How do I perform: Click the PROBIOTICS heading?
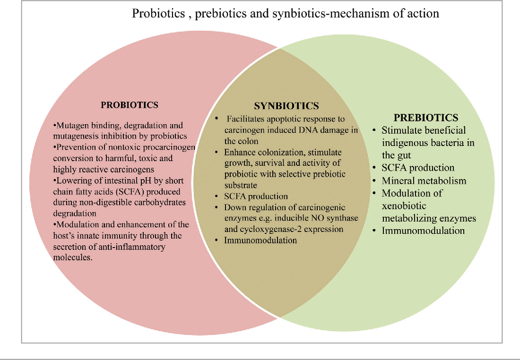pos(130,105)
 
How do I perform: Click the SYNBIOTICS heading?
pos(286,106)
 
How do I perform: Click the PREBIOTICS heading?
pos(426,118)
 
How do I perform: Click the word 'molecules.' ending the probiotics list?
pos(73,257)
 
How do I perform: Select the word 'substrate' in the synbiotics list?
pos(241,185)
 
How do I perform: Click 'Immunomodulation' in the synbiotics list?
pos(260,240)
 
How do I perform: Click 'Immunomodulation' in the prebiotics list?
pos(423,231)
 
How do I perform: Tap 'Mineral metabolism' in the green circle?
pos(424,180)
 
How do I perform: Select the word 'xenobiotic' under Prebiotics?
pos(404,206)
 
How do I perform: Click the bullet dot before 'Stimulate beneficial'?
pos(374,130)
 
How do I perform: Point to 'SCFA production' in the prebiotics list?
pos(418,168)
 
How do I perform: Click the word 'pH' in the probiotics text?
pos(157,181)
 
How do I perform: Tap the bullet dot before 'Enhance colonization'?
pos(217,153)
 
